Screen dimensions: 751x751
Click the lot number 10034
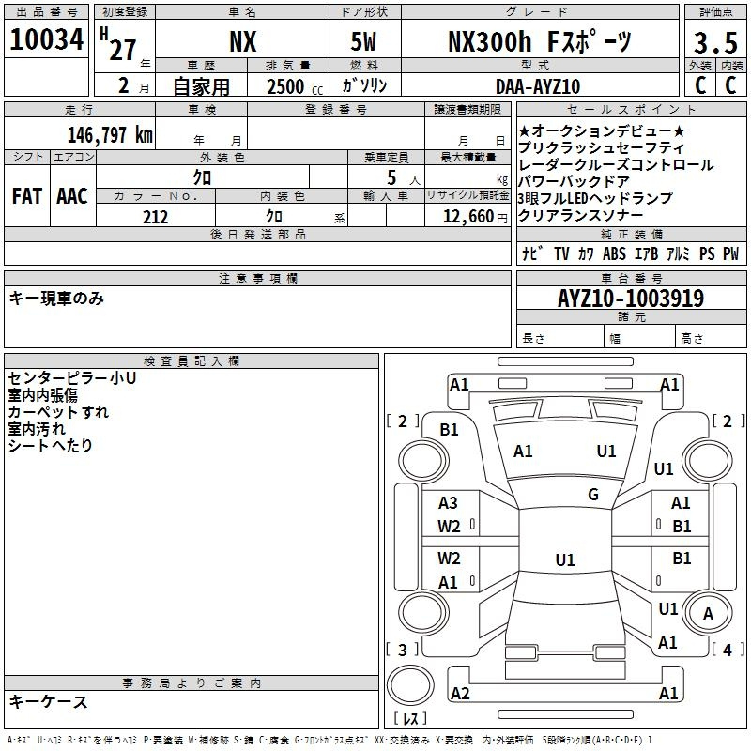(x=46, y=39)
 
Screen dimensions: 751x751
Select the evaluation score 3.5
(x=715, y=42)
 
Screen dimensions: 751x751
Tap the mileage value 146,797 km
(x=110, y=135)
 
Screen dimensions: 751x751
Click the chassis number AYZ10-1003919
(x=631, y=299)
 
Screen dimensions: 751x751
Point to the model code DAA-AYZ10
(x=538, y=86)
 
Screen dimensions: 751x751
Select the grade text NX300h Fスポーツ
(x=540, y=41)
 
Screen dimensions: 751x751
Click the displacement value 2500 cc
(x=295, y=86)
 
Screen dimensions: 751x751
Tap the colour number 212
(x=155, y=217)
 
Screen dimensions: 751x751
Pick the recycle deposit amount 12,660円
(x=475, y=217)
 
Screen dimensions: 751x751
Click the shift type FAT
(x=27, y=196)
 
